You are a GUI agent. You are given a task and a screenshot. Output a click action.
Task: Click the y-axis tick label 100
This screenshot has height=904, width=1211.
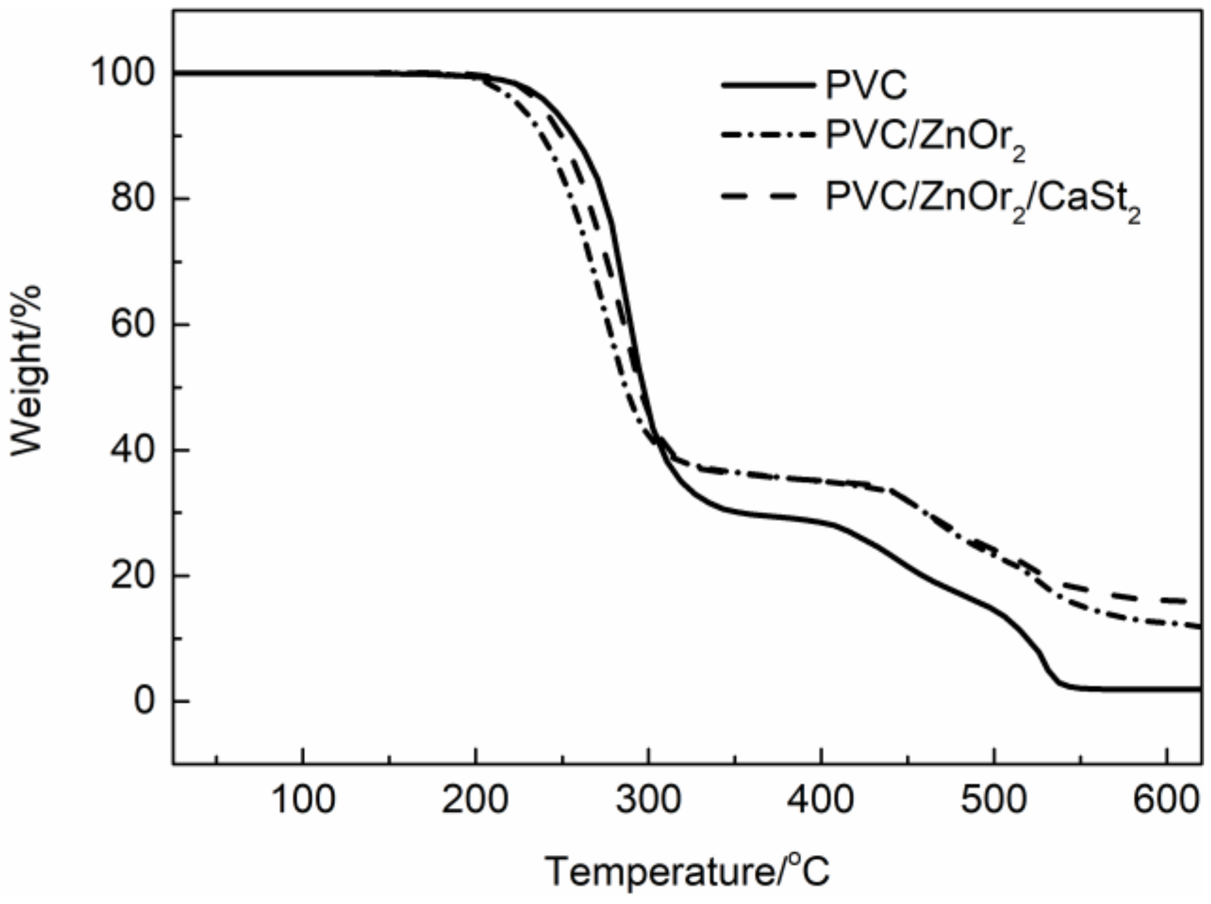(123, 73)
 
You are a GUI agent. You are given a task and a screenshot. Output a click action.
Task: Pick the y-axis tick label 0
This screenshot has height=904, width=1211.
(144, 701)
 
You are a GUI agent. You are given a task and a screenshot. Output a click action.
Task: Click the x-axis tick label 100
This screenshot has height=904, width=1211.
(303, 800)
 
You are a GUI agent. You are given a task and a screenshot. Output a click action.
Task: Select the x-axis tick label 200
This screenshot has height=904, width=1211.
(476, 800)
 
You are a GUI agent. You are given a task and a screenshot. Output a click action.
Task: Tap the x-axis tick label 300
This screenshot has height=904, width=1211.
(649, 800)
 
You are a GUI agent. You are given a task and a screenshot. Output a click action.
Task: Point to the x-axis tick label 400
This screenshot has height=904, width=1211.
(821, 800)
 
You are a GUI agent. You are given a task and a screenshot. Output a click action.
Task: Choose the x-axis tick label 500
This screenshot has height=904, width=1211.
(994, 800)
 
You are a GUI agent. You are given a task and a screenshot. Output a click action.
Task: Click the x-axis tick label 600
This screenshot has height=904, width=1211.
(1166, 800)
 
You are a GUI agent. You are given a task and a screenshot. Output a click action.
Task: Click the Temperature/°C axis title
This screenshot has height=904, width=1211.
(687, 871)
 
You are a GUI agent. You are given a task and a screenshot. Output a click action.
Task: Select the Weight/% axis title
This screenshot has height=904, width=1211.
(26, 370)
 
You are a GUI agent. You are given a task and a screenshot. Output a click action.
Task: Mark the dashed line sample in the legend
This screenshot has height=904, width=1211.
(760, 196)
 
